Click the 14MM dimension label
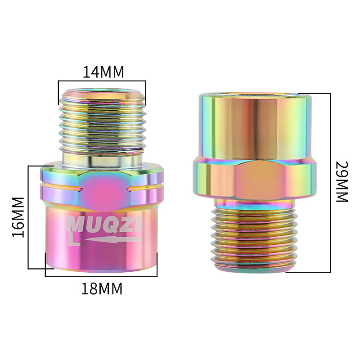coord(103,72)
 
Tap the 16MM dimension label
coord(18,217)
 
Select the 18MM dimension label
coord(102,288)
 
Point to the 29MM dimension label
coord(342,182)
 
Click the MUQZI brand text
coord(103,224)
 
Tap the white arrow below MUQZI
coord(113,239)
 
